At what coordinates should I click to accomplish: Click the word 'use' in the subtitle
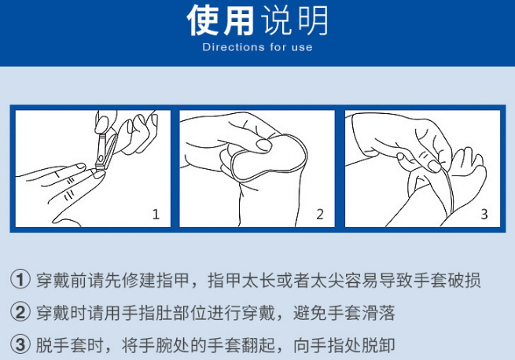pyautogui.click(x=302, y=48)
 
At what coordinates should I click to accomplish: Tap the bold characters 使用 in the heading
pyautogui.click(x=220, y=20)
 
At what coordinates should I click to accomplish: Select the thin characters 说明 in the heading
pyautogui.click(x=295, y=20)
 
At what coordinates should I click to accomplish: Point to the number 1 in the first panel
pyautogui.click(x=156, y=215)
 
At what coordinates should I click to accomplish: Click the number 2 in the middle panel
pyautogui.click(x=320, y=215)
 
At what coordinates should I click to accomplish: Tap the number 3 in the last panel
pyautogui.click(x=484, y=215)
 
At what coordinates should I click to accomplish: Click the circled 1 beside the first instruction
pyautogui.click(x=20, y=280)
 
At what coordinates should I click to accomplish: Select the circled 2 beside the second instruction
pyautogui.click(x=20, y=312)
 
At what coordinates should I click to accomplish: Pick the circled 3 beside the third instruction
pyautogui.click(x=20, y=344)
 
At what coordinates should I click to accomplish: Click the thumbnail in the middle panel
pyautogui.click(x=263, y=145)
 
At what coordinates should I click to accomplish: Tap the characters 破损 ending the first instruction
pyautogui.click(x=465, y=280)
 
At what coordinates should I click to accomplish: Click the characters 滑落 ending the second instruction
pyautogui.click(x=378, y=312)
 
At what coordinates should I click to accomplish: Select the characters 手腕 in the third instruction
pyautogui.click(x=156, y=345)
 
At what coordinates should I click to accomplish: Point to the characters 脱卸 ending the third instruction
pyautogui.click(x=378, y=345)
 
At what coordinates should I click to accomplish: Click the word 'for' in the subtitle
pyautogui.click(x=278, y=47)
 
